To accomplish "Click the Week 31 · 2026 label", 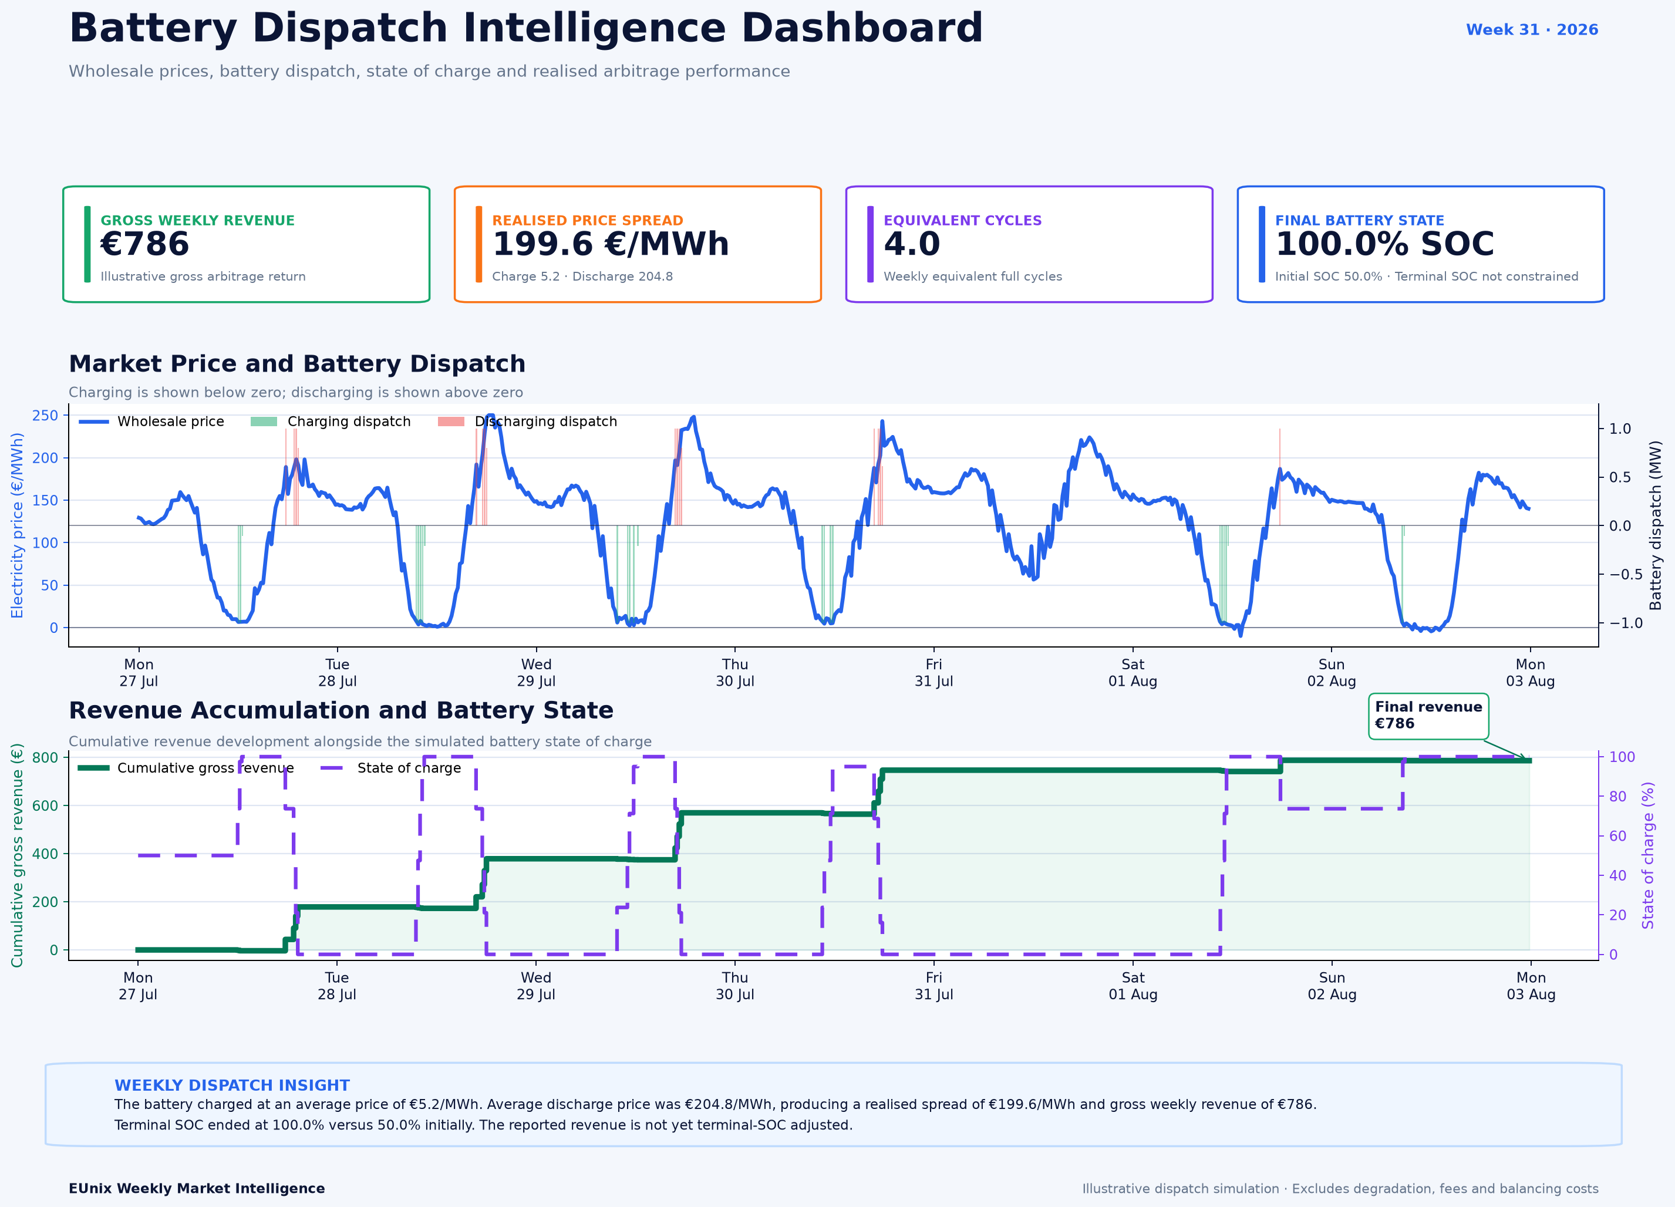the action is [x=1532, y=29].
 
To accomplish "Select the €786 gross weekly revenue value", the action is [x=145, y=244].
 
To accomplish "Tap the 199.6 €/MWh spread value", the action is [x=610, y=244].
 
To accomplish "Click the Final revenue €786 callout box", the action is [x=1428, y=716].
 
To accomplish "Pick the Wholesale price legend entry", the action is [x=151, y=421].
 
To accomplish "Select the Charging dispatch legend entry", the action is [x=330, y=421].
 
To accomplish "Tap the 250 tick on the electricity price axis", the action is [x=44, y=415].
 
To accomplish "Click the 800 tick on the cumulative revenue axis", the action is [x=44, y=757].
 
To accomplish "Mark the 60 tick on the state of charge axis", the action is [x=1617, y=835].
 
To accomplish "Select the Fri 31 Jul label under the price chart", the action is [x=933, y=672].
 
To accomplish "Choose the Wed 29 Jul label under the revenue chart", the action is [x=535, y=986].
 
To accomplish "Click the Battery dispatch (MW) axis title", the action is [x=1655, y=525].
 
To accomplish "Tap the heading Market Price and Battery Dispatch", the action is [x=297, y=363].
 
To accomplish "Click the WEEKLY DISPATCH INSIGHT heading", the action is [x=232, y=1085].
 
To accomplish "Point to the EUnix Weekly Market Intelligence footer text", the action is [x=197, y=1189].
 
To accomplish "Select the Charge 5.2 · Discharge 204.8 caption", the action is [x=582, y=277].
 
